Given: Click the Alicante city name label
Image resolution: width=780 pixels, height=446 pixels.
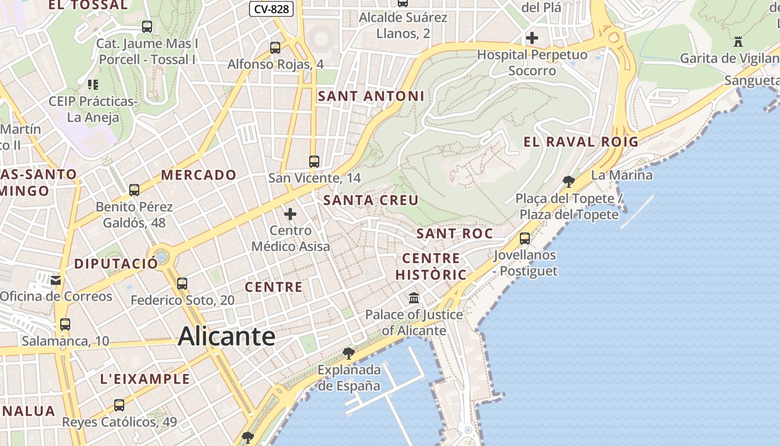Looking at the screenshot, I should coord(226,337).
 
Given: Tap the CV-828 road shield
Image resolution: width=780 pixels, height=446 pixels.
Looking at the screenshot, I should coord(271,9).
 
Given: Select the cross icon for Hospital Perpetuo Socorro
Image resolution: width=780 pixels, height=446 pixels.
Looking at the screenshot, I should coord(532,38).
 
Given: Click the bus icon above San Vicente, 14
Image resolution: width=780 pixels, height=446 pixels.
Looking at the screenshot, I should coord(314,162).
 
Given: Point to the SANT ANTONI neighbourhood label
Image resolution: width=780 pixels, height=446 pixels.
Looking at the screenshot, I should coord(371,96).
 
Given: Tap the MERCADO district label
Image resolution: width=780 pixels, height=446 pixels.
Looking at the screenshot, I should coord(199,175).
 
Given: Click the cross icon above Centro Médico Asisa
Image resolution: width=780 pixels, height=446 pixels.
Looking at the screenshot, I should coord(290,214).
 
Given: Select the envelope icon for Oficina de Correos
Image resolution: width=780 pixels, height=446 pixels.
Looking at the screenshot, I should coord(56,280).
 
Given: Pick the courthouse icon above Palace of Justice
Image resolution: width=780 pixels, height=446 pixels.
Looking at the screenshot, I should coord(414,298).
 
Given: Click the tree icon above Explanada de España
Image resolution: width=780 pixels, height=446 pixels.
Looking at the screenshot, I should coord(349,353).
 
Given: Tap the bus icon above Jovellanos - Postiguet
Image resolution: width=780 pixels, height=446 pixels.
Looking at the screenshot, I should coord(524,239).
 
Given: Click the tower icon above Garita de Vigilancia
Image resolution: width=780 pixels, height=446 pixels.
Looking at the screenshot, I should coord(739,42).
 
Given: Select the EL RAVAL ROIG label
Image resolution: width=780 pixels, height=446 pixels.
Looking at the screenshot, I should coord(581,142).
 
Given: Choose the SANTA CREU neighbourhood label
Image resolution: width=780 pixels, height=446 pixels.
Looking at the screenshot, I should coord(370,200).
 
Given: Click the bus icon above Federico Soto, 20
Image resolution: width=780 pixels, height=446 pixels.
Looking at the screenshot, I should coord(182,283).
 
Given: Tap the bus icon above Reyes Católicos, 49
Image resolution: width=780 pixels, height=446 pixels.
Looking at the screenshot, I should coord(119,405).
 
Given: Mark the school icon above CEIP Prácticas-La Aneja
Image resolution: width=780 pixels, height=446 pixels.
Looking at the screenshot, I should coord(92,85).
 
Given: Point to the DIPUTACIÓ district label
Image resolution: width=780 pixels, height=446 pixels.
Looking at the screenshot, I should coord(116,264).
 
